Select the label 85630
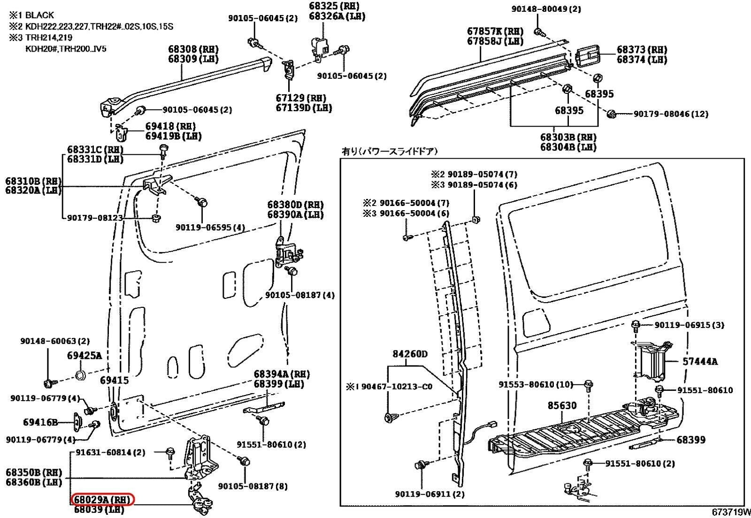(x=562, y=405)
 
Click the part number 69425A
(x=84, y=356)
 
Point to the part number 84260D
(x=410, y=354)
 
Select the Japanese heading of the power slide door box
(x=389, y=151)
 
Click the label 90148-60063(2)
(x=54, y=341)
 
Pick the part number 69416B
(x=40, y=422)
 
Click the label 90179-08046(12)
(x=671, y=114)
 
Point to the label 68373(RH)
(x=642, y=50)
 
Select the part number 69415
(x=114, y=381)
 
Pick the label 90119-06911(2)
(x=429, y=494)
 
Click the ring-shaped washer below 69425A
(x=80, y=375)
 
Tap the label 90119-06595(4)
(x=210, y=227)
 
